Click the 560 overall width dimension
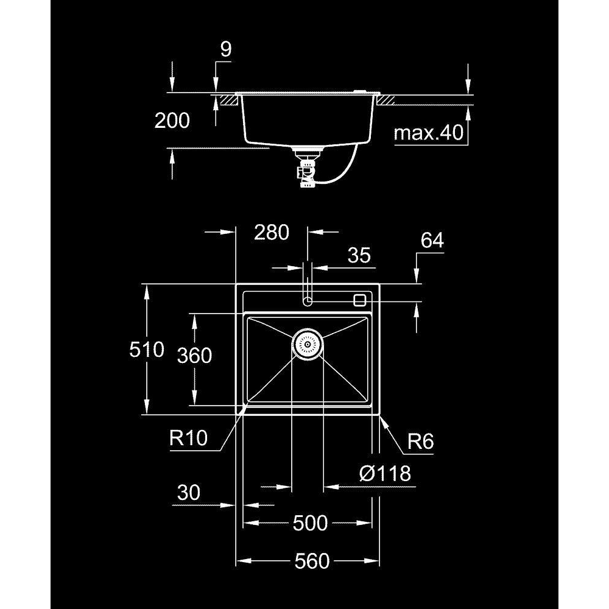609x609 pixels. [312, 561]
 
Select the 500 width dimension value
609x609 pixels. [311, 523]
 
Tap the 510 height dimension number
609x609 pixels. [147, 350]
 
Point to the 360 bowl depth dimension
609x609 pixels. [195, 356]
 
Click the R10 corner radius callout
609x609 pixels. [188, 438]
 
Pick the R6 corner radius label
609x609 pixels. [420, 441]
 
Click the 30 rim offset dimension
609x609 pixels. [189, 493]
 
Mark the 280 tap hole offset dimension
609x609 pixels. [272, 232]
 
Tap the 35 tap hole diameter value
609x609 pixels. [359, 255]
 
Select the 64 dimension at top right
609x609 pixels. [432, 240]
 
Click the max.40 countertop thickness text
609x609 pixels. [429, 133]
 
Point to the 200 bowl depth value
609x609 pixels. [172, 121]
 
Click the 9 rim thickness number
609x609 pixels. [226, 49]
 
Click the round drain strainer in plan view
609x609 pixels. [307, 344]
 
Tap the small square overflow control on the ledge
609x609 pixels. [360, 300]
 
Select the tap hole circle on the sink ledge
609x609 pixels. [307, 301]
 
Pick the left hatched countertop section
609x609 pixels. [229, 100]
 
